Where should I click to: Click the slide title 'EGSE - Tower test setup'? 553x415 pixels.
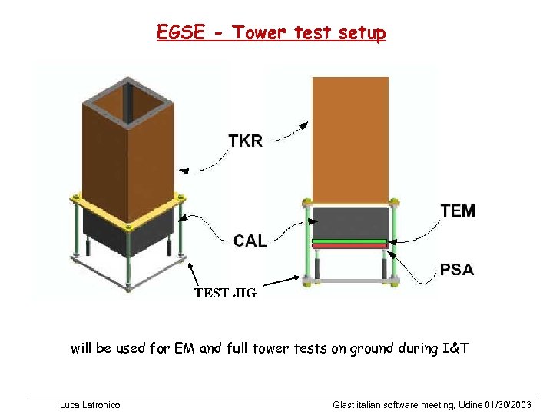[x=271, y=32]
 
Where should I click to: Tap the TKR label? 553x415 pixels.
[x=245, y=141]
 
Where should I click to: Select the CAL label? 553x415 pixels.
[x=250, y=241]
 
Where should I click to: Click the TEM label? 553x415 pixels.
[x=458, y=211]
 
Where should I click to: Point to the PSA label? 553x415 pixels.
[x=456, y=270]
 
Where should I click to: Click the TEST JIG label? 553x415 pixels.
[x=225, y=293]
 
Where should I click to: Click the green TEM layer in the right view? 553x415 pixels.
[x=349, y=241]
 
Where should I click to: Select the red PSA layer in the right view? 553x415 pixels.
[x=349, y=247]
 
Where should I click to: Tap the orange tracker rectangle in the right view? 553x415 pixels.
[x=350, y=138]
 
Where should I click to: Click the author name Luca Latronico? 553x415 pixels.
[x=90, y=404]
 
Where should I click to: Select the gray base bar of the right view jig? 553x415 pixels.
[x=350, y=281]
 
